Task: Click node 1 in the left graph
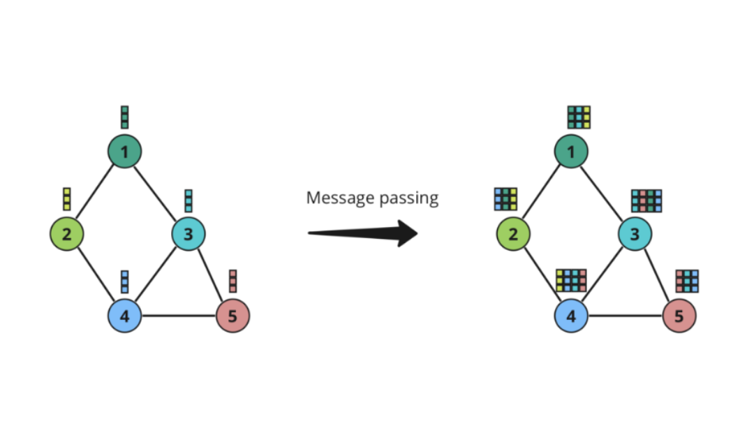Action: click(x=125, y=152)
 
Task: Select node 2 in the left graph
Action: click(x=67, y=234)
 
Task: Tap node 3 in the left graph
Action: click(x=188, y=234)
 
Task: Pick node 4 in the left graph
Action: click(x=125, y=316)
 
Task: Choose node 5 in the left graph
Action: click(x=233, y=316)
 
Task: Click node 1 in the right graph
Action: click(x=572, y=152)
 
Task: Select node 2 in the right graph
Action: click(x=514, y=234)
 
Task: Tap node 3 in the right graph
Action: click(x=635, y=234)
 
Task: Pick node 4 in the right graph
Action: click(x=572, y=316)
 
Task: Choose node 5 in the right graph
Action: click(x=680, y=316)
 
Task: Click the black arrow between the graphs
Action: click(x=362, y=233)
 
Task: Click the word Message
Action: click(x=337, y=198)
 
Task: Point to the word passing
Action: click(x=408, y=199)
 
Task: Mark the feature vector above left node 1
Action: click(x=125, y=117)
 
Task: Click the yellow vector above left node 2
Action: click(x=67, y=199)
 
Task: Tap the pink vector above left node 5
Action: click(x=233, y=281)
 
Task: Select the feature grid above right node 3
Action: click(x=646, y=200)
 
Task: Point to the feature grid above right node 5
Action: click(x=688, y=281)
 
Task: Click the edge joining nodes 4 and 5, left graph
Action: click(x=179, y=316)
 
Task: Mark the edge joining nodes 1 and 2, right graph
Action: click(x=542, y=193)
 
